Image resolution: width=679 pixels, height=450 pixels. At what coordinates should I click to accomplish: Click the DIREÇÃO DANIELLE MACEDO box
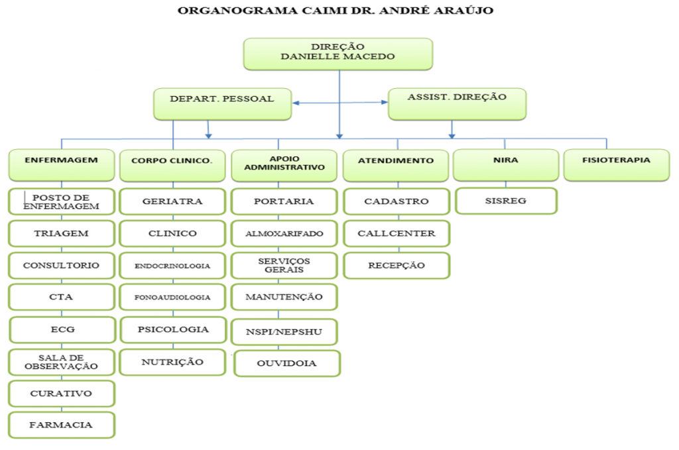338,53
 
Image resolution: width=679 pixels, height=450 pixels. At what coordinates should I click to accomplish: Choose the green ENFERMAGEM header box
61,164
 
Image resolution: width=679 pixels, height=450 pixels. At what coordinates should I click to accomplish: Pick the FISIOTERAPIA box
616,164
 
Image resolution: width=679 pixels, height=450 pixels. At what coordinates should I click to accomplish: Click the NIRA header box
505,164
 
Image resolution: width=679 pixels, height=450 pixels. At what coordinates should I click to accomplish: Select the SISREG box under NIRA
505,201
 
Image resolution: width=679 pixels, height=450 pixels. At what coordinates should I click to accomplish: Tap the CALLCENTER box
397,233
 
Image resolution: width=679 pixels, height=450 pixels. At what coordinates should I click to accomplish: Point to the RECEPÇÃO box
397,265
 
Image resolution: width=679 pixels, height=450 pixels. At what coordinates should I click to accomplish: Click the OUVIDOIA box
287,363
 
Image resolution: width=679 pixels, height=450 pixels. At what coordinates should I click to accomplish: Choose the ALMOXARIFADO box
284,233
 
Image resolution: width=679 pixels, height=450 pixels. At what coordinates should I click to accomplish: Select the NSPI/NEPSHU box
284,331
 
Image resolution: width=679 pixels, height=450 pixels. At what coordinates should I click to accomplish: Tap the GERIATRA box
172,201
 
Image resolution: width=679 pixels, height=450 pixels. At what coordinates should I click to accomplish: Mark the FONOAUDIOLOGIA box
172,297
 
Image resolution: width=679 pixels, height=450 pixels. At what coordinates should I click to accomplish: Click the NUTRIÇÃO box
172,362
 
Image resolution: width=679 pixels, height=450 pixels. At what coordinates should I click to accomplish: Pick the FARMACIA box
61,425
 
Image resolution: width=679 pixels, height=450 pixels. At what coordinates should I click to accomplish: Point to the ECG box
62,329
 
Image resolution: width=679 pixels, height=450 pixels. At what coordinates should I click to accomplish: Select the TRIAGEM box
61,233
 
